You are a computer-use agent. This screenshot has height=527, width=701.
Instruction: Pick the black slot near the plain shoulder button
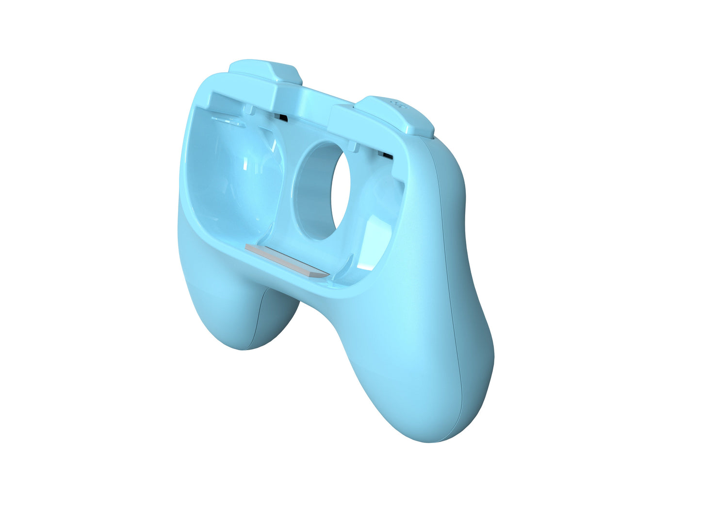pyautogui.click(x=281, y=118)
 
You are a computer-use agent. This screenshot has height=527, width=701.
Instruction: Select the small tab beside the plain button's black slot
pyautogui.click(x=250, y=109)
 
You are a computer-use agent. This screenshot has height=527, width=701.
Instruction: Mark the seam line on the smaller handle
pyautogui.click(x=258, y=321)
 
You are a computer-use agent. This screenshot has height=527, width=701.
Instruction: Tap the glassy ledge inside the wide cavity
pyautogui.click(x=228, y=121)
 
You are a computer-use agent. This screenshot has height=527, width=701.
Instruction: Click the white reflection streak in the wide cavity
pyautogui.click(x=245, y=165)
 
